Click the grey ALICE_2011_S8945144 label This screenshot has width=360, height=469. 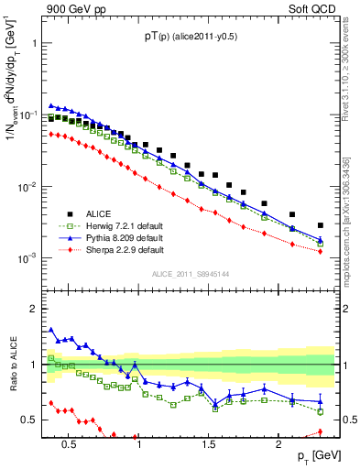(191, 273)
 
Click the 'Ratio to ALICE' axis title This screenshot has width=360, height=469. (13, 365)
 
